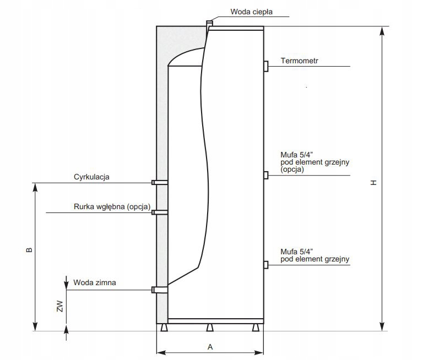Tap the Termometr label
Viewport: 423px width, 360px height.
click(x=300, y=61)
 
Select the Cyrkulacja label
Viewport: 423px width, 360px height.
click(x=92, y=177)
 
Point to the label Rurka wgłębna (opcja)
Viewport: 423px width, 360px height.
click(x=112, y=207)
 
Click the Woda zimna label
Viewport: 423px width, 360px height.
click(x=94, y=283)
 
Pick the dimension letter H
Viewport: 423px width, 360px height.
click(x=373, y=182)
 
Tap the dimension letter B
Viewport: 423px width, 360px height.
click(x=29, y=249)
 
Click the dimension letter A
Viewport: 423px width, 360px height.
click(x=210, y=346)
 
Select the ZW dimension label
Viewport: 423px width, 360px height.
click(x=61, y=306)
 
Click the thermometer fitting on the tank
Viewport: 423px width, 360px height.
click(x=266, y=66)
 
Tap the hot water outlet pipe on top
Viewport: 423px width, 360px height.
click(x=209, y=25)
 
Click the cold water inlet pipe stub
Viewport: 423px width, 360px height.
click(x=160, y=290)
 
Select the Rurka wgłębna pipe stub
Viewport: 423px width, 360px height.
click(x=160, y=212)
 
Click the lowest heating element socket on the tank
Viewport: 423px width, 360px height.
click(x=266, y=265)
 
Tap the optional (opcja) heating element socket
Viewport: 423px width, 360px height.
click(x=266, y=175)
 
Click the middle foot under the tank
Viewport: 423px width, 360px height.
click(x=209, y=328)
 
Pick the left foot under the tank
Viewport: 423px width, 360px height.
click(x=165, y=328)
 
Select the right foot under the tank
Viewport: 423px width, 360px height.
click(x=254, y=328)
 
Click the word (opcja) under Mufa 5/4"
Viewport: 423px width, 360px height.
click(x=292, y=170)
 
